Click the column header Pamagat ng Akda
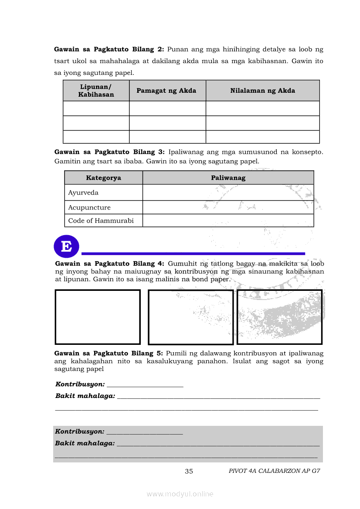pyautogui.click(x=166, y=91)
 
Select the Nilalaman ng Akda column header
pyautogui.click(x=262, y=91)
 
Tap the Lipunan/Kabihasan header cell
pyautogui.click(x=96, y=91)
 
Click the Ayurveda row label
pyautogui.click(x=83, y=192)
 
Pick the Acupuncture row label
pyautogui.click(x=89, y=207)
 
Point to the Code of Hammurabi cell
pyautogui.click(x=101, y=220)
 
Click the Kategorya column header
pyautogui.click(x=103, y=178)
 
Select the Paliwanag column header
pyautogui.click(x=228, y=178)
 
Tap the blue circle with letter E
pyautogui.click(x=66, y=246)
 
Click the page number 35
pyautogui.click(x=189, y=471)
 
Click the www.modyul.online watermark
pyautogui.click(x=180, y=494)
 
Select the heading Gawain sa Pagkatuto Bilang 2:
pyautogui.click(x=109, y=49)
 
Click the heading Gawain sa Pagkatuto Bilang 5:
pyautogui.click(x=109, y=353)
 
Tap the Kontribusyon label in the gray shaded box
pyautogui.click(x=80, y=431)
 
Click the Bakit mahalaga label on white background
pyautogui.click(x=85, y=396)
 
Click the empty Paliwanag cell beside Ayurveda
pyautogui.click(x=228, y=192)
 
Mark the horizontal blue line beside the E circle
pyautogui.click(x=193, y=253)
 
